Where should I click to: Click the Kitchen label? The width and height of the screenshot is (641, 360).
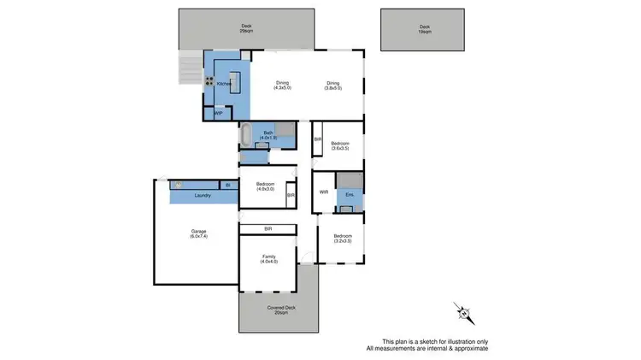coord(224,83)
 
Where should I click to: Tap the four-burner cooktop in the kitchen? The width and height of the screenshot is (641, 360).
coord(209,82)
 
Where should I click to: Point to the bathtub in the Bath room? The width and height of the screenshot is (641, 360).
coord(245,135)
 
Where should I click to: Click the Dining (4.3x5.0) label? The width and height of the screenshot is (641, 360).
coord(283,86)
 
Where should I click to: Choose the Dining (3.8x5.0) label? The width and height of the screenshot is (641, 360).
coord(333,86)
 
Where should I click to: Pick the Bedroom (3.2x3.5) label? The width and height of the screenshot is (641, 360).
coord(343,239)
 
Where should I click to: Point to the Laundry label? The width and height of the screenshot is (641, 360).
coord(203,196)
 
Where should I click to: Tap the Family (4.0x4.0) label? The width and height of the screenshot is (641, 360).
coord(268,259)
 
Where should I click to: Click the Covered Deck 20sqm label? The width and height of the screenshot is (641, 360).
coord(279,310)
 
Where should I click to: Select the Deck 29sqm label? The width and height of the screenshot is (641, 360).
coord(247,28)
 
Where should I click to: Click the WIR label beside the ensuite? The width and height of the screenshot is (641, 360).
coord(324,192)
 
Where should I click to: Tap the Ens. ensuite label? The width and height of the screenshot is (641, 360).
coord(349,195)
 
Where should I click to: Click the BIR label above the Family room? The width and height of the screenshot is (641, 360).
coord(268,228)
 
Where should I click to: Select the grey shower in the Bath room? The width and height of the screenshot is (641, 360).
coord(285,131)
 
